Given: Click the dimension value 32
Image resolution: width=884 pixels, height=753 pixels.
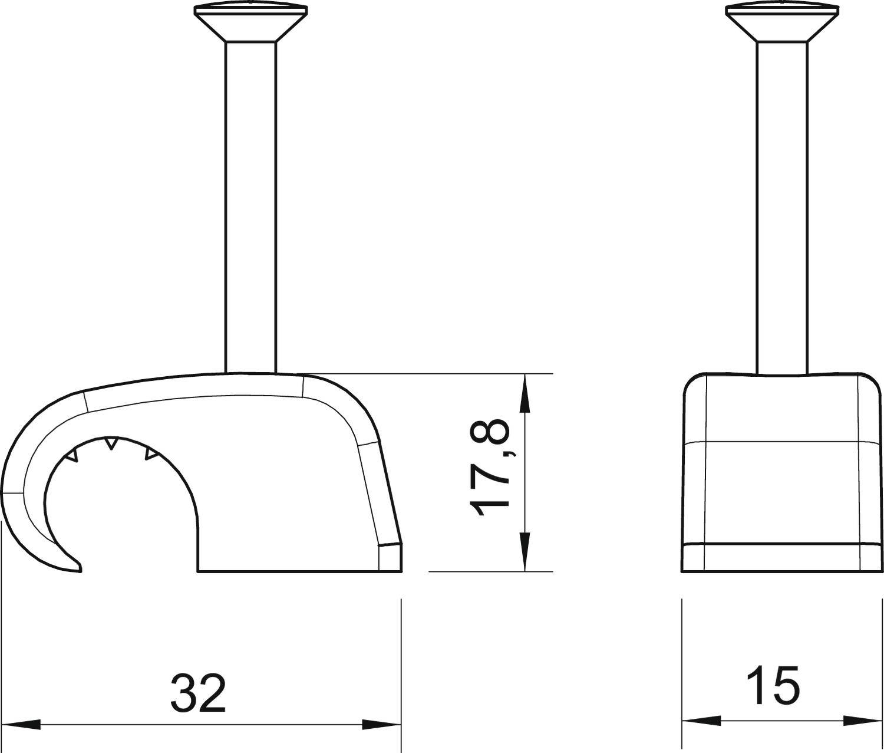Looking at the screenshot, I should point(198,693).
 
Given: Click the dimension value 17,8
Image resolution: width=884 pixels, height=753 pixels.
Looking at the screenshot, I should point(489,468).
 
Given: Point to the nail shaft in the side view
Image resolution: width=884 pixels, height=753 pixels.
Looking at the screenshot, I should point(250,206).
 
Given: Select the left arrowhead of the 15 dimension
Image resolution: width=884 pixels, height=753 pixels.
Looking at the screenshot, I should point(701,721).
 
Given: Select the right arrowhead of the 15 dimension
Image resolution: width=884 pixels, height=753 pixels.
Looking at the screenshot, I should point(863,721).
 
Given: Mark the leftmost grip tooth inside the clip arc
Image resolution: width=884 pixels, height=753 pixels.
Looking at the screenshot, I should point(71,455).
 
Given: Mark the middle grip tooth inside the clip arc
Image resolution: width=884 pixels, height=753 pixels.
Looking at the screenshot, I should point(110,443).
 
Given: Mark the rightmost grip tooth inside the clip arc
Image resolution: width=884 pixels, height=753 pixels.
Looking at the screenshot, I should point(151,454).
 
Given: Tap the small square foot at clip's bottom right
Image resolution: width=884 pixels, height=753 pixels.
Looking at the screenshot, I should point(390,558).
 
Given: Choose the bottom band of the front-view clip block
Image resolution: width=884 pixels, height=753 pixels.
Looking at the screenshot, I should point(782,558).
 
